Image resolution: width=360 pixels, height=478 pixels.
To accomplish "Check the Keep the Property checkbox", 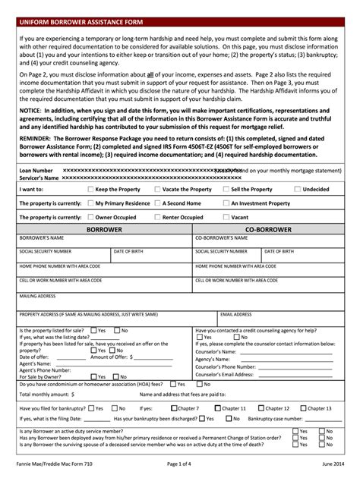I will pos(91,189).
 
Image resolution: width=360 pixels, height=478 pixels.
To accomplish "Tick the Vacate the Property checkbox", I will pos(157,189).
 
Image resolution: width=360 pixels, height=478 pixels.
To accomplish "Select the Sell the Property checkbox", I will pos(226,189).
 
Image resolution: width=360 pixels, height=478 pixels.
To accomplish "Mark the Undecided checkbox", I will pos(297,189).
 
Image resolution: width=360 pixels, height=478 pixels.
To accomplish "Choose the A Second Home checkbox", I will pos(157,203).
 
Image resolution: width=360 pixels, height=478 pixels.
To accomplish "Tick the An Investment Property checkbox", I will pos(226,203).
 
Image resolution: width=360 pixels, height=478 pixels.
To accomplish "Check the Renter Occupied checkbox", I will pos(157,217).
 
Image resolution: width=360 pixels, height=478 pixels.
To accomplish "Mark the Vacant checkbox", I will pos(226,217).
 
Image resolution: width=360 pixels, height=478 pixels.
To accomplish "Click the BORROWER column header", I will pos(104,228).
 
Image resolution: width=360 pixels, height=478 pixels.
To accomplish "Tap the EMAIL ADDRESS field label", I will pos(236,314).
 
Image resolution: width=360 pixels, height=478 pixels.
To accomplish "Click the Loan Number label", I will pos(36,171).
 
